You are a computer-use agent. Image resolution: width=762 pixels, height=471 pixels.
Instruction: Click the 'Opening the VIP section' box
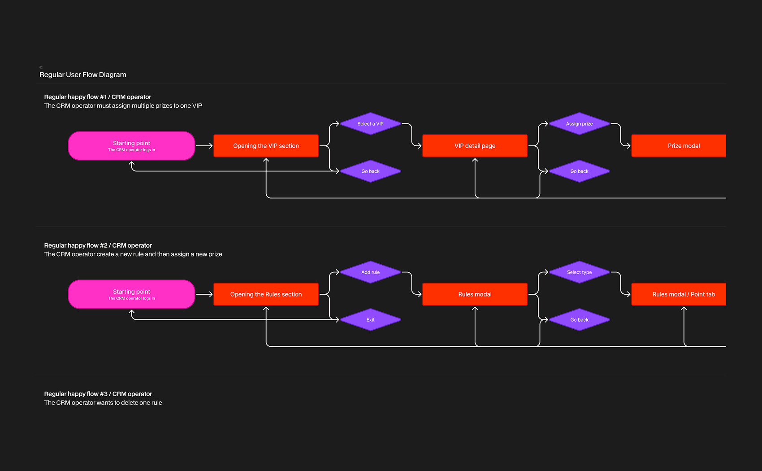[x=266, y=146]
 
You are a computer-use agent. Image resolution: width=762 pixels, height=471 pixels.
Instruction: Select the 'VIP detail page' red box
[x=475, y=146]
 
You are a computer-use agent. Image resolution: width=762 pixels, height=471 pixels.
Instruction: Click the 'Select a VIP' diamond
[x=370, y=123]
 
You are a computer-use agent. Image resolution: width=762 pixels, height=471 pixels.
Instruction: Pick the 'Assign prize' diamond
[x=579, y=123]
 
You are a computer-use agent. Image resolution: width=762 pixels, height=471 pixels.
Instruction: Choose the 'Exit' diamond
[x=370, y=319]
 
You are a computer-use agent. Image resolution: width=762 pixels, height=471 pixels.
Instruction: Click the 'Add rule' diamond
[x=370, y=272]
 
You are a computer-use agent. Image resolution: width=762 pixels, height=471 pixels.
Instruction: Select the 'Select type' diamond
[x=579, y=272]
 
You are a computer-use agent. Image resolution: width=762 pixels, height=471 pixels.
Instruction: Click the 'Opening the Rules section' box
[x=266, y=294]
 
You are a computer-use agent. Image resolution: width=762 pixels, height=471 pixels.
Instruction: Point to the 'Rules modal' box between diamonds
[x=475, y=294]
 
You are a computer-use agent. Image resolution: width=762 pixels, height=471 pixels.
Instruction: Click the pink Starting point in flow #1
[x=132, y=146]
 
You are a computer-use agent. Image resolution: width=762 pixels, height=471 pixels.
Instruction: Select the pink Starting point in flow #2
[x=132, y=294]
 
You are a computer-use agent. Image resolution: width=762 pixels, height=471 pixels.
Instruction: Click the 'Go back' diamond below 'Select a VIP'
[x=370, y=171]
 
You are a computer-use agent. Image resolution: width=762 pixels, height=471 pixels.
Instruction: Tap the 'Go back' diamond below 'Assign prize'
[x=579, y=171]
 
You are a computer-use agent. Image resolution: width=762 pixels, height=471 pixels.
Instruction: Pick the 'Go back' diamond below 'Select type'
[x=579, y=319]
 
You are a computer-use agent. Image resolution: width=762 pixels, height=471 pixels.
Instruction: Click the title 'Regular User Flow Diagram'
[x=82, y=74]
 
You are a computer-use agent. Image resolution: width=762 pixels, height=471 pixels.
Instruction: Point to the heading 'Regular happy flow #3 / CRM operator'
[x=98, y=394]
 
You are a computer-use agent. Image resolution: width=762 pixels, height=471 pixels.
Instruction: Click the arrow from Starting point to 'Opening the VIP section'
[x=204, y=146]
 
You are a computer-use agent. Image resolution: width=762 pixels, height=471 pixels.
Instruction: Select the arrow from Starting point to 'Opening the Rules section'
[x=204, y=294]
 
